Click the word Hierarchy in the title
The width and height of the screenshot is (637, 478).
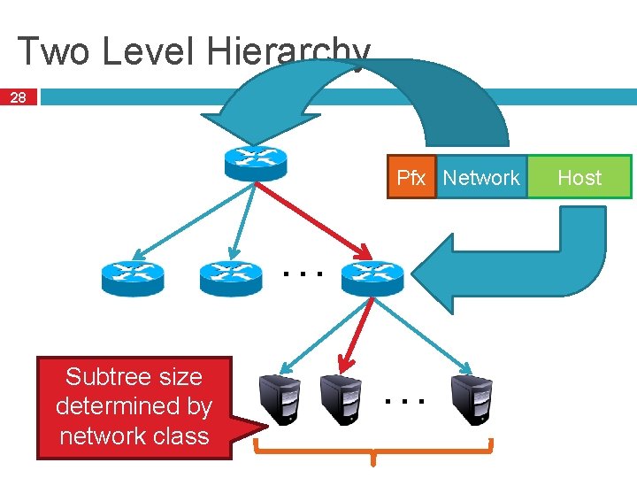(x=287, y=51)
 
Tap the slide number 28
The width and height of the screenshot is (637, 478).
(x=18, y=97)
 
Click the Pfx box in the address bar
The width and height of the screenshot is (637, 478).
(x=411, y=178)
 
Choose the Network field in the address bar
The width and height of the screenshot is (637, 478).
(x=481, y=178)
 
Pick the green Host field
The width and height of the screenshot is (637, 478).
(x=579, y=178)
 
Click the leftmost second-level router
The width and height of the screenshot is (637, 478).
(x=133, y=277)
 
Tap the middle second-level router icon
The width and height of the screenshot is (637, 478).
(x=231, y=277)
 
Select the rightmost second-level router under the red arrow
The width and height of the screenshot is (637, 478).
(x=372, y=277)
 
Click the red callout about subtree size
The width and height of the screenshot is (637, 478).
(x=134, y=407)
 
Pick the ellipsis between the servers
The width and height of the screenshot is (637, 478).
(x=406, y=400)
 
